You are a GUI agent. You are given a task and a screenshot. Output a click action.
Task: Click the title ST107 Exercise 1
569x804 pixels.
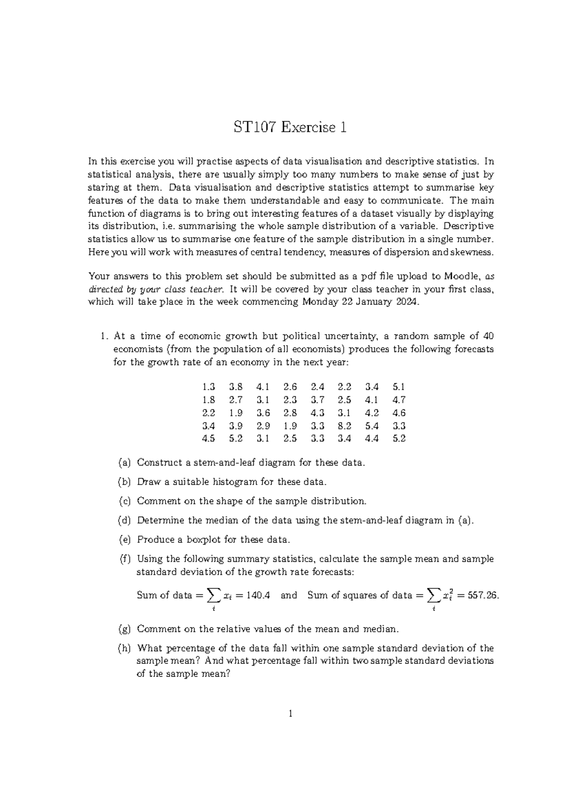(x=290, y=127)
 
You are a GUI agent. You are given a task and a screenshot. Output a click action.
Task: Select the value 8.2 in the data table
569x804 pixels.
(x=344, y=426)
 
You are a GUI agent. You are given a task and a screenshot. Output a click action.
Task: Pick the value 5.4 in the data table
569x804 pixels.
(x=372, y=426)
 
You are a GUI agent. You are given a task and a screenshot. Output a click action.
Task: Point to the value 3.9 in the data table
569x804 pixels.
(x=236, y=426)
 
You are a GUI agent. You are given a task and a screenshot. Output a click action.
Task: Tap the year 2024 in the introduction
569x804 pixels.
(x=406, y=302)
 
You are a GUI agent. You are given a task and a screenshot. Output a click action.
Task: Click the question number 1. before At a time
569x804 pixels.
(x=104, y=336)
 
